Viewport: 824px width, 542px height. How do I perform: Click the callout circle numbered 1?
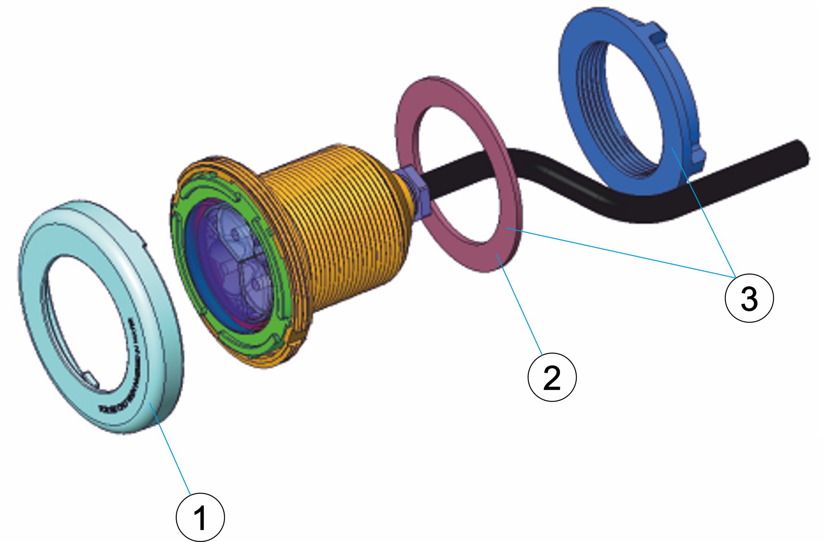point(200,517)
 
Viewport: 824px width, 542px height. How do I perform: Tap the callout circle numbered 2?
point(552,377)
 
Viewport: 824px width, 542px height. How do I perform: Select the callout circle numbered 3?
point(749,298)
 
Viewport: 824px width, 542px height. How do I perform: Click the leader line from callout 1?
point(173,453)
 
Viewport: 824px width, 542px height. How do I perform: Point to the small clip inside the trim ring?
point(91,379)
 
